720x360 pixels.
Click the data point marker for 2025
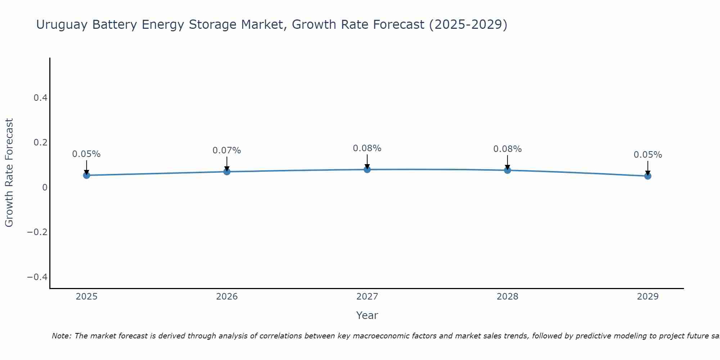point(86,175)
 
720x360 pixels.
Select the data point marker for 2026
point(227,172)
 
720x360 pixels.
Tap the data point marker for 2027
point(367,170)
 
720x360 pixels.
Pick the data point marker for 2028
point(507,170)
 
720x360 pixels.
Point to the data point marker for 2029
point(648,176)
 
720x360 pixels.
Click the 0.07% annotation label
point(227,150)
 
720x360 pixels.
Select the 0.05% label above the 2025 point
point(86,154)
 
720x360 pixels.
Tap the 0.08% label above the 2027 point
point(367,148)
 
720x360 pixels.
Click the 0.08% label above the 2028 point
point(507,149)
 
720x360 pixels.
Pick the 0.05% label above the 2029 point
point(648,155)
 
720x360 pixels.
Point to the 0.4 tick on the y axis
point(40,98)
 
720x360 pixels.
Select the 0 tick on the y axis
point(45,187)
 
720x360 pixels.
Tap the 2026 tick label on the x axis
point(227,297)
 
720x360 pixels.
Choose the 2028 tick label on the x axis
point(507,297)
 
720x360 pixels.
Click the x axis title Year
point(367,315)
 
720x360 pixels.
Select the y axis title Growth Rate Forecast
point(9,173)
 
